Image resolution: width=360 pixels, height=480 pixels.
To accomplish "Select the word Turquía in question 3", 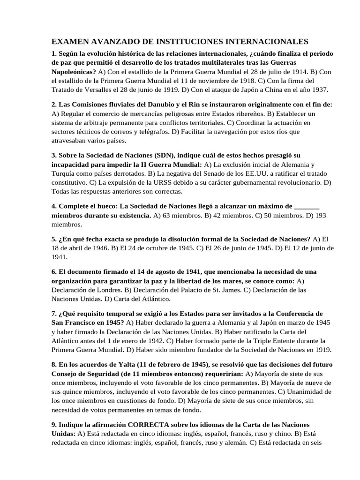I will pyautogui.click(x=65, y=173).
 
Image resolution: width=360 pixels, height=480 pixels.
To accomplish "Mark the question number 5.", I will pyautogui.click(x=54, y=239).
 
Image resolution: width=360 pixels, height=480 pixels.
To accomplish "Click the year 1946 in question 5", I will pyautogui.click(x=114, y=247).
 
